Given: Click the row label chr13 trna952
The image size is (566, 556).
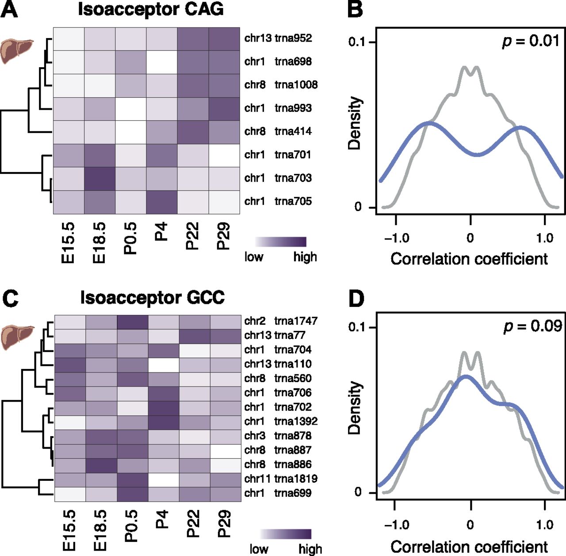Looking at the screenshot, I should [278, 38].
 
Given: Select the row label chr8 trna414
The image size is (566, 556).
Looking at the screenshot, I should [278, 131].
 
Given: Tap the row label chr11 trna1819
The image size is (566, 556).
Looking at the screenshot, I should [280, 479].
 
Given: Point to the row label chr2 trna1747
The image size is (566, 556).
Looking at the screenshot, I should [280, 321].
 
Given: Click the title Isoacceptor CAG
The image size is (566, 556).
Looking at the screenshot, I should [151, 9].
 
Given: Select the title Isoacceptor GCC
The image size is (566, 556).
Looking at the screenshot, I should [152, 298].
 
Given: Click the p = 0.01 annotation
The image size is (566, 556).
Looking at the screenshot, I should [531, 41].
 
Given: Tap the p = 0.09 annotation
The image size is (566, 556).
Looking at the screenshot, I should [532, 326].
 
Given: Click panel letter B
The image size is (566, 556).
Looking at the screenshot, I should [355, 10].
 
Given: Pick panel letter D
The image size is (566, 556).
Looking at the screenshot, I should [356, 299].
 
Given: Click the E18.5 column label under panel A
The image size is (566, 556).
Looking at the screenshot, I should [99, 242].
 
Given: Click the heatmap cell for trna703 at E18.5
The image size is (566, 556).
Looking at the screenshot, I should [100, 178].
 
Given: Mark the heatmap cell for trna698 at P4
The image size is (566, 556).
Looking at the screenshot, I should [162, 62].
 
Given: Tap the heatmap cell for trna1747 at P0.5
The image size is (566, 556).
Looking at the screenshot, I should [133, 322].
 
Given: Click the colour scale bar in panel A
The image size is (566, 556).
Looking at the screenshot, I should [280, 242].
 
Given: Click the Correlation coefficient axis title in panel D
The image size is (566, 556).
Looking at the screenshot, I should [469, 547].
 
